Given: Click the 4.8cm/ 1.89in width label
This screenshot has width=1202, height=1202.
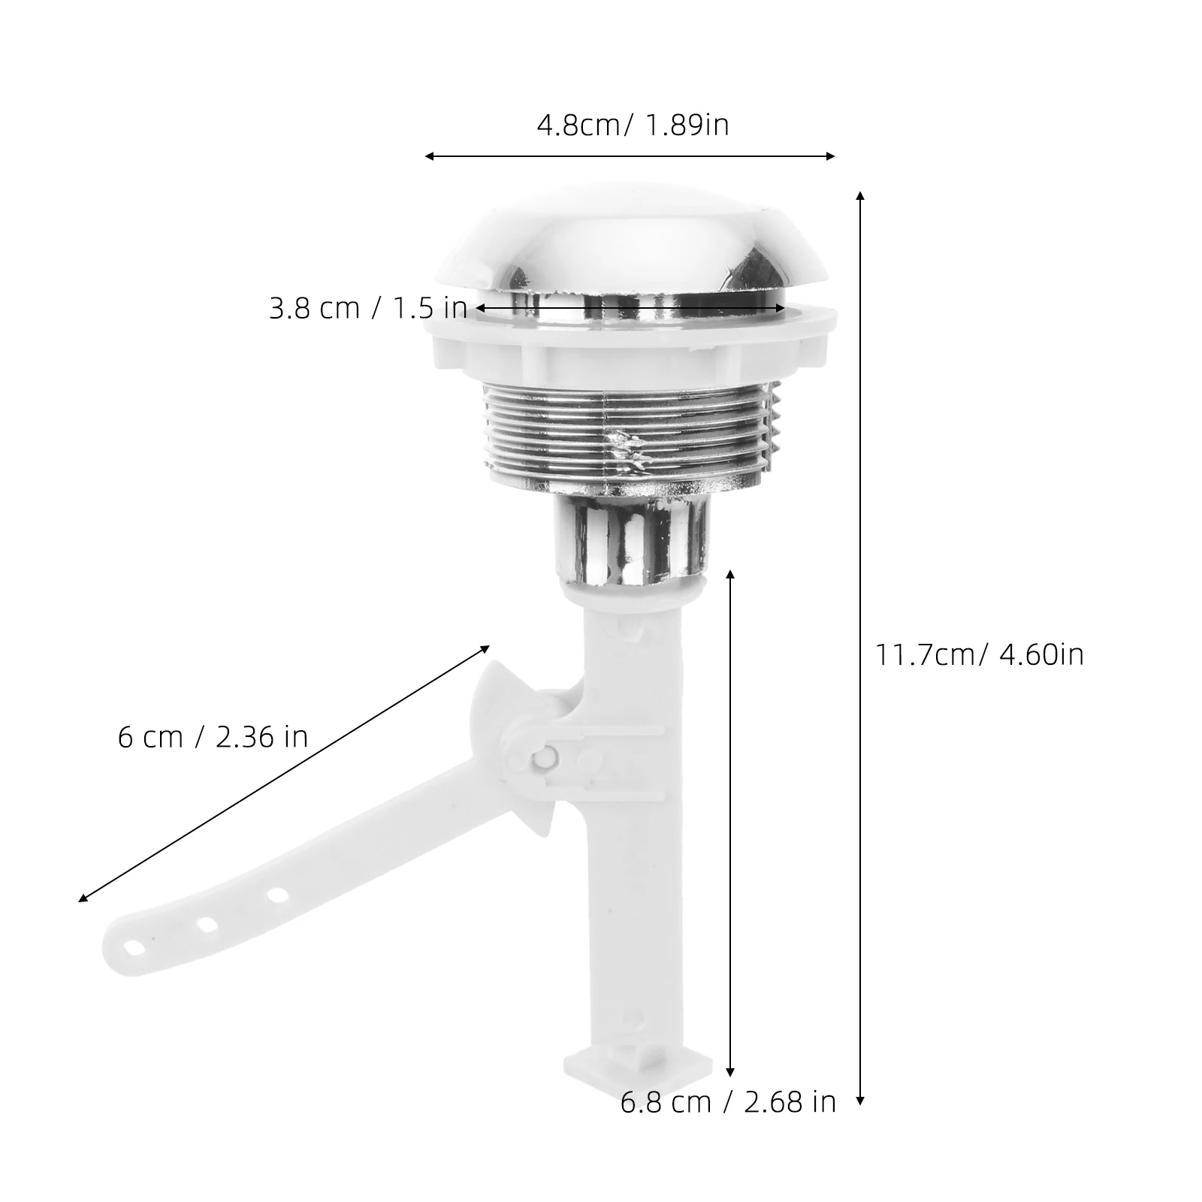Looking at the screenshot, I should tap(633, 125).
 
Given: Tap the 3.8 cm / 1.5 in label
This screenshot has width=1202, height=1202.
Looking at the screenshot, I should tap(368, 308).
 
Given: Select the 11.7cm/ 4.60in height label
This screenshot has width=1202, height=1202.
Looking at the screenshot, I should tap(979, 654).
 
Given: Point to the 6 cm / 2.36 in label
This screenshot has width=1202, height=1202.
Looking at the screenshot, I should tap(213, 737).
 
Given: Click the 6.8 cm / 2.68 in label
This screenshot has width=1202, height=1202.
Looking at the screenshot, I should tap(728, 1102).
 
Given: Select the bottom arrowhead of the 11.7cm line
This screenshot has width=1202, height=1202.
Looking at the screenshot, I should tap(860, 1102).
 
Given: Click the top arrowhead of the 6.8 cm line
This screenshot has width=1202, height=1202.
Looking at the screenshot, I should tap(730, 573).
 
